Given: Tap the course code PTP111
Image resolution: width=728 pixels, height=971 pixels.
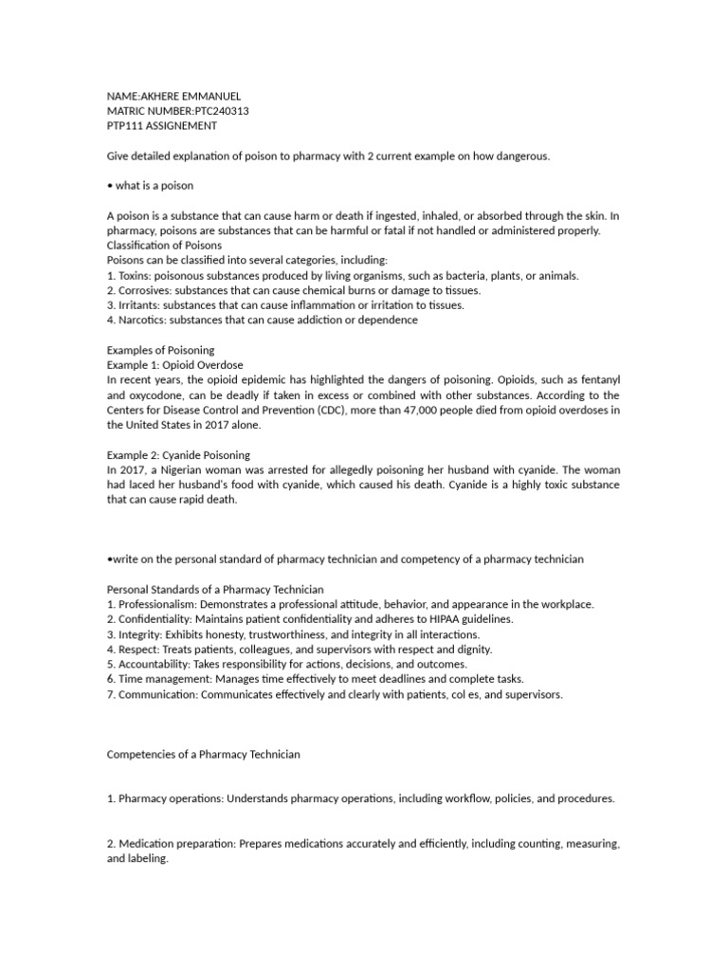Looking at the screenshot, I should click(x=125, y=125).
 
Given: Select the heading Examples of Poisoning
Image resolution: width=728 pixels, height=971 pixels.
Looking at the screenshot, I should click(x=160, y=350).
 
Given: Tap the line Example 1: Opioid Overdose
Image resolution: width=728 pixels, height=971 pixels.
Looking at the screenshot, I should click(x=174, y=364).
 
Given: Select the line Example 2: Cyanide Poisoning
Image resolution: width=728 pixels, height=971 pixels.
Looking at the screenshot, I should click(x=178, y=454).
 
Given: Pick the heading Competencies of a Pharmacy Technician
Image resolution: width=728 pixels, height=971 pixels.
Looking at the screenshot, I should click(x=203, y=754).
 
